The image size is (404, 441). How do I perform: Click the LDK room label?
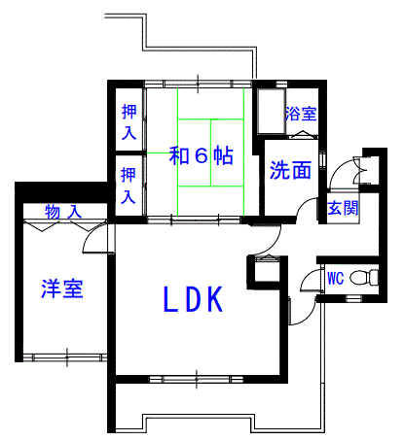(x=194, y=299)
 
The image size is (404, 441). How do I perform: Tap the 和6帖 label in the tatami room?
(x=201, y=155)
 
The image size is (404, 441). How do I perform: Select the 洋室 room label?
(x=62, y=288)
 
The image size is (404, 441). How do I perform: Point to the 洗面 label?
(x=290, y=170)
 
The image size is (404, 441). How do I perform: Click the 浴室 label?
(x=301, y=114)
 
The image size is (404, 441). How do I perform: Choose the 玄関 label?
(x=343, y=208)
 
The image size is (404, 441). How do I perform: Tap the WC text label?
(x=335, y=278)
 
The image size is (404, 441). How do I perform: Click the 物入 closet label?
(x=63, y=212)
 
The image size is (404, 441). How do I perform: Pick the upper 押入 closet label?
(x=129, y=122)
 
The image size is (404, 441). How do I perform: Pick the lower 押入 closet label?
(x=129, y=186)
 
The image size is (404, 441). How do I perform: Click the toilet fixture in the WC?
(x=365, y=278)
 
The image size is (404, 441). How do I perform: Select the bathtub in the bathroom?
(x=272, y=111)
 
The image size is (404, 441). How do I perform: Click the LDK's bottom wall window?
(x=197, y=379)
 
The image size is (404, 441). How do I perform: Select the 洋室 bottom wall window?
(x=66, y=357)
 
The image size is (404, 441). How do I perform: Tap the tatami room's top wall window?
(x=198, y=84)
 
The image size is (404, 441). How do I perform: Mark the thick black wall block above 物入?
(x=61, y=192)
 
